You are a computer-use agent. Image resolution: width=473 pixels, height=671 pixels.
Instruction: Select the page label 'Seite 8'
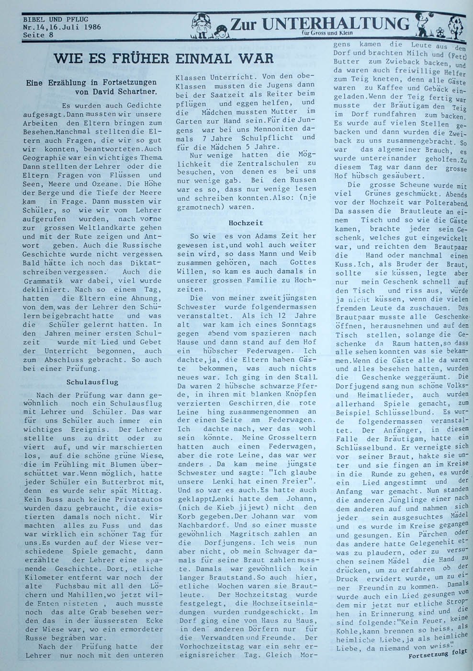point(38,35)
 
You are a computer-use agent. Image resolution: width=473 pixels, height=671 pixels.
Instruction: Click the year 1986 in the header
point(90,27)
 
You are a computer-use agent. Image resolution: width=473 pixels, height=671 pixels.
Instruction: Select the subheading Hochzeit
point(246,223)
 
